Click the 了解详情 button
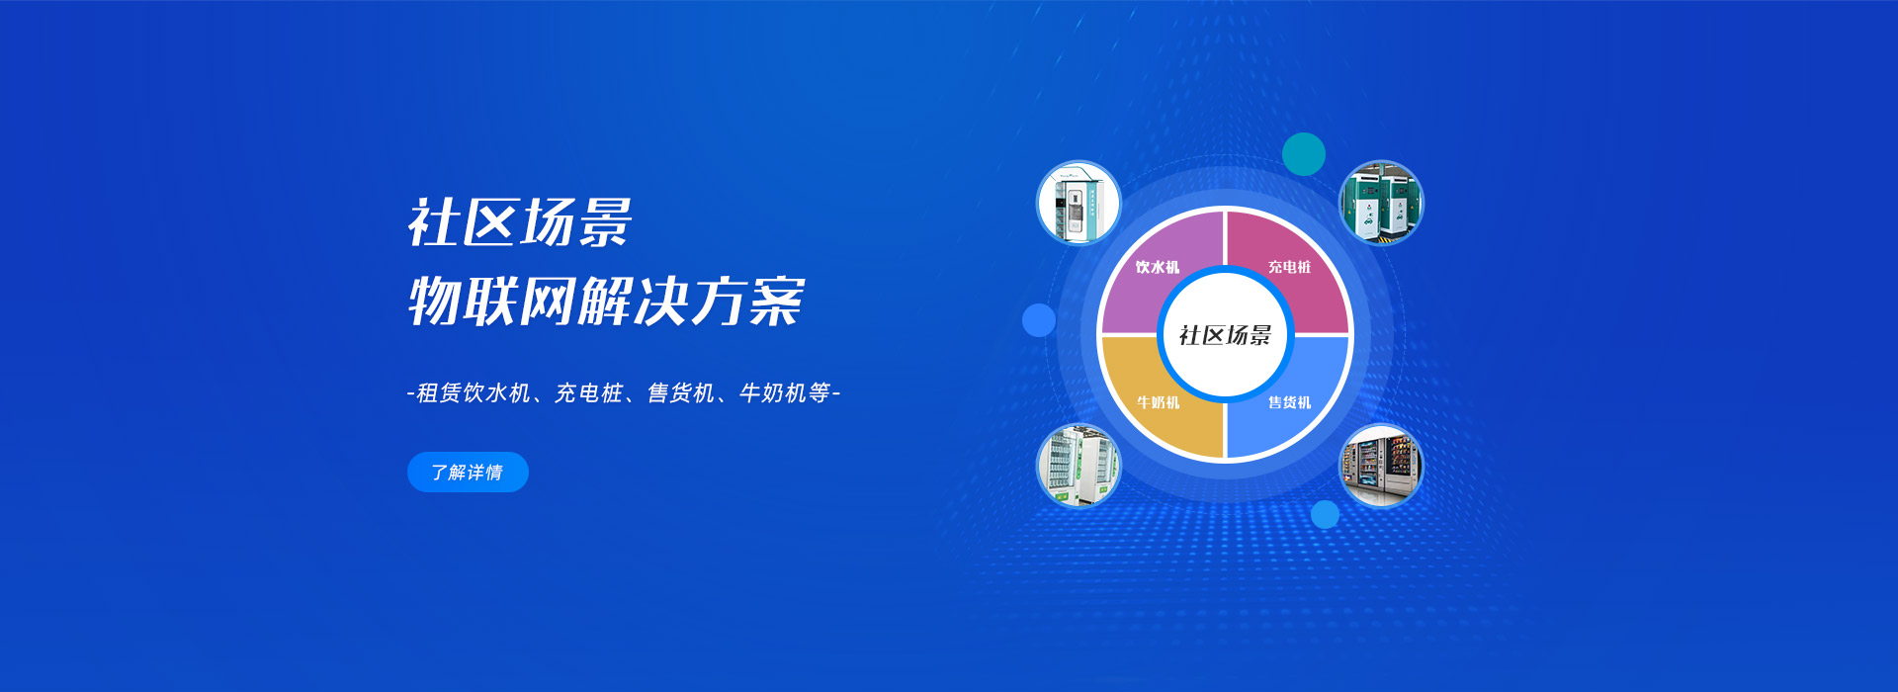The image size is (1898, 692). point(468,473)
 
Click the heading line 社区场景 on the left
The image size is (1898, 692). point(520,222)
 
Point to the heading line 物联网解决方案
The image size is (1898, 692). point(606,301)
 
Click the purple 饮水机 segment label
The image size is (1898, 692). point(1158,267)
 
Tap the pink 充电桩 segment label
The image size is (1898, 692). point(1290,267)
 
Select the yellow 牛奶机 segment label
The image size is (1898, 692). point(1158,402)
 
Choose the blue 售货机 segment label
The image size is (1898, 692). point(1290,402)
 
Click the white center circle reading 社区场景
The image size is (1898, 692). point(1225,335)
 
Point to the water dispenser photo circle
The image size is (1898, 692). point(1078,203)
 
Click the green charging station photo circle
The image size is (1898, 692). point(1381,203)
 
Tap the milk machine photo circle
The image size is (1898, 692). point(1078,466)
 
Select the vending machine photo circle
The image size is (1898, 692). point(1381,466)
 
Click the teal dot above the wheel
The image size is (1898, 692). point(1304,154)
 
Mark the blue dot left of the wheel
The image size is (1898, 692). point(1039,320)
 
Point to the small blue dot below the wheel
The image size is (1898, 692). point(1325,514)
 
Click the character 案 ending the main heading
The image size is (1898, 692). point(777,301)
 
